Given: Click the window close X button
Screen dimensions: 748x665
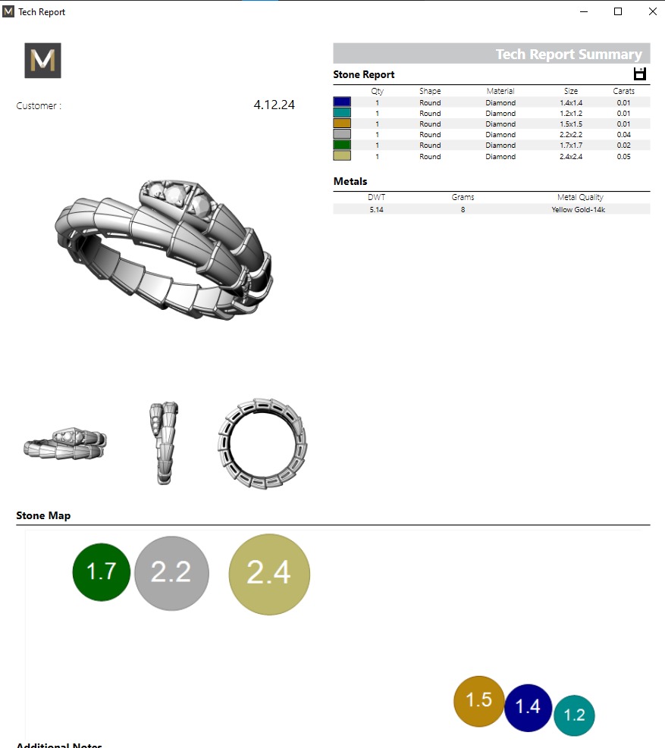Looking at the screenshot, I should point(652,11).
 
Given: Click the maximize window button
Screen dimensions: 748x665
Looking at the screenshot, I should point(618,11).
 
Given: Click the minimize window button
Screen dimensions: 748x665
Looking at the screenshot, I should point(585,11).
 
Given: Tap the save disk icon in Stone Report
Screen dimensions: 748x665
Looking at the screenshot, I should point(639,74).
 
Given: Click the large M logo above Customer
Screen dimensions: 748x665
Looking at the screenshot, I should point(42,61).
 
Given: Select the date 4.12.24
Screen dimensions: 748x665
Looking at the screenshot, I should point(274,105).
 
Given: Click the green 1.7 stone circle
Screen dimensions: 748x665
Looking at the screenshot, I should point(102,572).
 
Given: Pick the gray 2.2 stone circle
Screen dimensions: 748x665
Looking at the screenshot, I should point(171,573).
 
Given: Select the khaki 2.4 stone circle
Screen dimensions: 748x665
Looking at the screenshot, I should point(269,574).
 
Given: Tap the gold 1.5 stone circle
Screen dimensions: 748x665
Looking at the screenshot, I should point(479,701).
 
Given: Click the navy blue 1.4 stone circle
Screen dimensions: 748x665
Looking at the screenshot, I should point(528,707).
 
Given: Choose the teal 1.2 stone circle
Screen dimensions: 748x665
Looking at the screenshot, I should point(575,715).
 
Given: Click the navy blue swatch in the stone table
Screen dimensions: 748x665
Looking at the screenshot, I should point(342,102).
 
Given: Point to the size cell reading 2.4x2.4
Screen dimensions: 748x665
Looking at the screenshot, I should point(570,157).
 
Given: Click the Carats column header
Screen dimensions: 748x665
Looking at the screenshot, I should point(623,91).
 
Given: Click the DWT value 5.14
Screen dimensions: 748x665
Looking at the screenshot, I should point(376,209).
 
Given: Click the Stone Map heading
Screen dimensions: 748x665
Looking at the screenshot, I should point(43,515).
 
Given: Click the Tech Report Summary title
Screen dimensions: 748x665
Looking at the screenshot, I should point(568,54).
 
